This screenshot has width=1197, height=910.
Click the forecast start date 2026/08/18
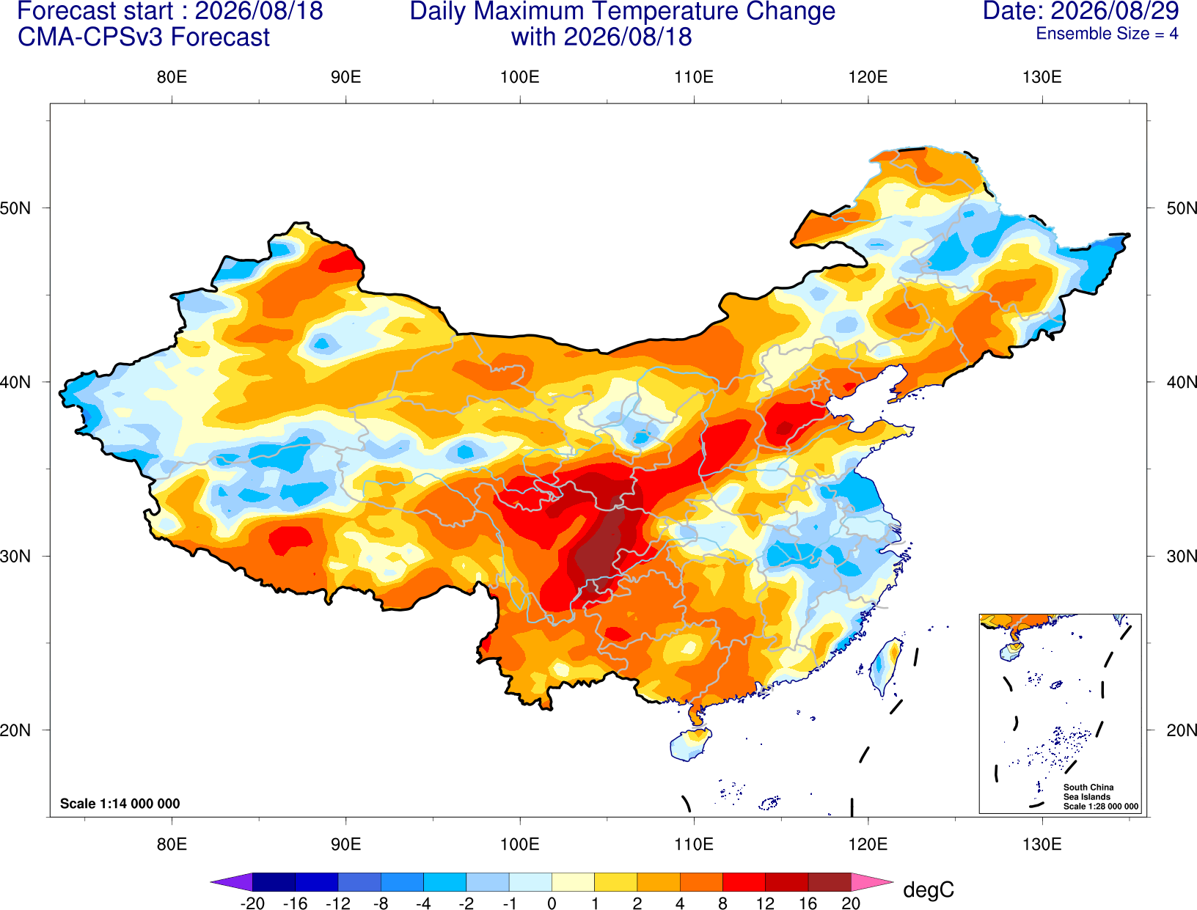pyautogui.click(x=259, y=11)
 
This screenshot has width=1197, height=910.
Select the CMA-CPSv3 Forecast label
pyautogui.click(x=144, y=37)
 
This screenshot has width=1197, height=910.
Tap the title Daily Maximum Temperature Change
pyautogui.click(x=622, y=11)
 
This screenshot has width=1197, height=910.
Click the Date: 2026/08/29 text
pyautogui.click(x=1080, y=11)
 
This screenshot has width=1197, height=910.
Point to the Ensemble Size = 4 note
pyautogui.click(x=1107, y=34)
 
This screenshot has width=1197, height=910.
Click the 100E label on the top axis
pyautogui.click(x=520, y=77)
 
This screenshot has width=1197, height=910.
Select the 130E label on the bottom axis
pyautogui.click(x=1042, y=844)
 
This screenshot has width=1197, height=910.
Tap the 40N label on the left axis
pyautogui.click(x=15, y=381)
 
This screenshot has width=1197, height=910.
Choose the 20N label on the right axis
pyautogui.click(x=1181, y=730)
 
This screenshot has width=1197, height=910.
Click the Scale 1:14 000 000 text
pyautogui.click(x=120, y=803)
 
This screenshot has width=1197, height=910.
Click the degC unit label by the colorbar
pyautogui.click(x=928, y=889)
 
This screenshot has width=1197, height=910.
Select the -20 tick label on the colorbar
pyautogui.click(x=252, y=903)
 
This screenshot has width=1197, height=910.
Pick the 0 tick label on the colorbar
pyautogui.click(x=552, y=903)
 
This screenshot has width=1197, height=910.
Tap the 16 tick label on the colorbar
pyautogui.click(x=808, y=903)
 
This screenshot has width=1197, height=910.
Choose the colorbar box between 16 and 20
pyautogui.click(x=830, y=881)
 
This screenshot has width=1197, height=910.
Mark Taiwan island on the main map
pyautogui.click(x=885, y=667)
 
